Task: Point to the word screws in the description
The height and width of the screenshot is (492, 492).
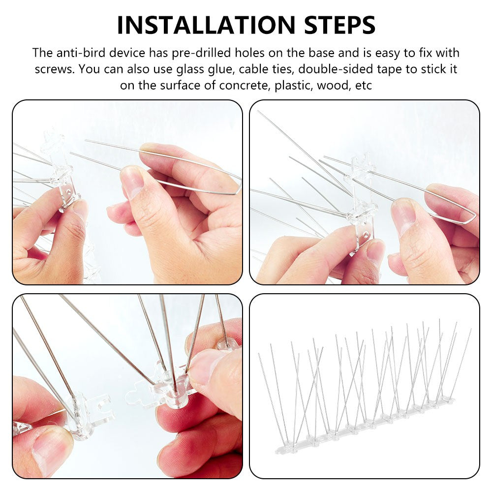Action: (x=54, y=69)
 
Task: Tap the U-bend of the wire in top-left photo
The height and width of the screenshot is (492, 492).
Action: (x=238, y=187)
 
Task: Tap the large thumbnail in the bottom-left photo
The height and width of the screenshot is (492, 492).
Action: (x=49, y=448)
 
